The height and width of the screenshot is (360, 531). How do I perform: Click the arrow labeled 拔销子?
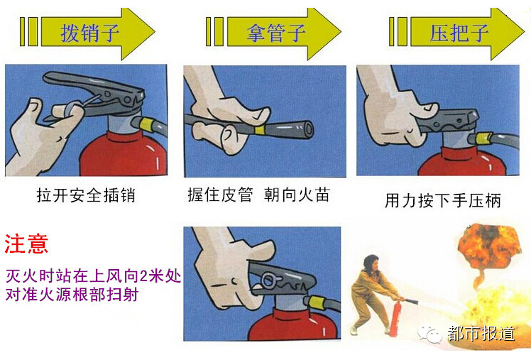97,33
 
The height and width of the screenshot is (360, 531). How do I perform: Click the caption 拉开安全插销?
86,195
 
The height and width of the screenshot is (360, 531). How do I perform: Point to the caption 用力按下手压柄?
442,200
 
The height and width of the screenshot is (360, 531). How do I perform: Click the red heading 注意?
26,243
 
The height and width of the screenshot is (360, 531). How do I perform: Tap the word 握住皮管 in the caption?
220,195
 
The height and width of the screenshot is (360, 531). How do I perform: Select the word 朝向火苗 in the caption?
297,195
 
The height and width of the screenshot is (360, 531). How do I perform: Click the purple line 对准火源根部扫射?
72,294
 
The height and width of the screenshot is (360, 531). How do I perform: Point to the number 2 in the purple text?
143,276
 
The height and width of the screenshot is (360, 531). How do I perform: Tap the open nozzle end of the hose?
308,129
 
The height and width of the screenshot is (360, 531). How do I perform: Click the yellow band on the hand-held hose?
260,130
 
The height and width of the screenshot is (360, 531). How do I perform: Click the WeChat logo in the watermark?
429,333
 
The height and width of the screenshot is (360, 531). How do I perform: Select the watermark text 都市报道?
481,333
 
